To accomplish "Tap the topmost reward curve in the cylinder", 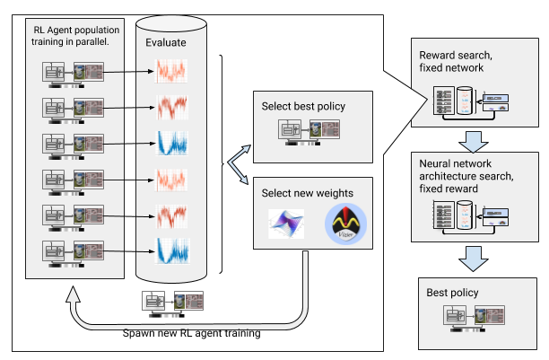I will pyautogui.click(x=170, y=71).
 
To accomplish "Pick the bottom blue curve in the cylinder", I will pyautogui.click(x=170, y=250).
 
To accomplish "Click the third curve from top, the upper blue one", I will pyautogui.click(x=170, y=143).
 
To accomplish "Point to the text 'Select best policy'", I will pyautogui.click(x=303, y=107).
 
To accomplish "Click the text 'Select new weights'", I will pyautogui.click(x=308, y=193).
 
